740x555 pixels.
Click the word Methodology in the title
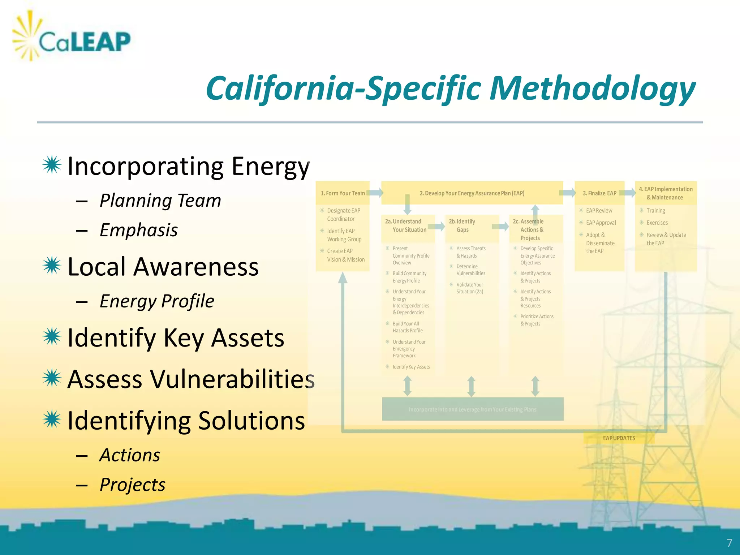[x=593, y=89]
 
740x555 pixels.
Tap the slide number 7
[x=729, y=543]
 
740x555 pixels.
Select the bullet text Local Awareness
[x=163, y=267]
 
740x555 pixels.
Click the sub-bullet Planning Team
[x=160, y=201]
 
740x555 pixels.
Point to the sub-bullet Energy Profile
[x=156, y=301]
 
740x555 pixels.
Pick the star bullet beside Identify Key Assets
[x=52, y=337]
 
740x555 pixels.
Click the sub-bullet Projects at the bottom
[x=132, y=485]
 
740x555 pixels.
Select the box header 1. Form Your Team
[x=343, y=193]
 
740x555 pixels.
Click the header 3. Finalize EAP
[x=599, y=193]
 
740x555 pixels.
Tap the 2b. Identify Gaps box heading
[x=462, y=225]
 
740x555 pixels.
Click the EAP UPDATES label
[x=619, y=438]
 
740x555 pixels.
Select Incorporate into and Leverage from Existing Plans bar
[x=473, y=409]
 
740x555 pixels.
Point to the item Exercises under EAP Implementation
[x=657, y=223]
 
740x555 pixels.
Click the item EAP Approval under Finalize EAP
[x=601, y=223]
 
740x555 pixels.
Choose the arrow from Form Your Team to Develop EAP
[x=376, y=193]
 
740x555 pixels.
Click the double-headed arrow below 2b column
[x=471, y=386]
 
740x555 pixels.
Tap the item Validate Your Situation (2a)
[x=469, y=288]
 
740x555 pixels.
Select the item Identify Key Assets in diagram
[x=411, y=367]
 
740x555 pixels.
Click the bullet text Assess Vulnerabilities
[x=191, y=379]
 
